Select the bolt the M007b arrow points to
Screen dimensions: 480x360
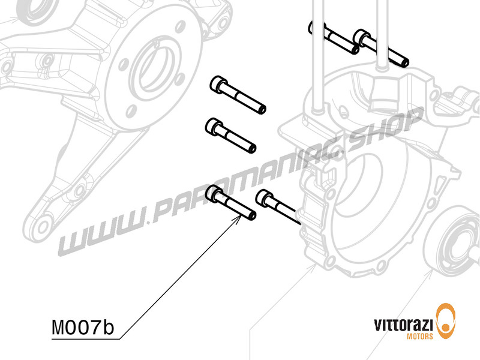(230, 203)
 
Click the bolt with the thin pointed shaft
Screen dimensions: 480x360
(277, 206)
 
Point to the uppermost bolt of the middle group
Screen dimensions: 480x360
(237, 95)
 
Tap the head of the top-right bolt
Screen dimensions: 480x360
(362, 37)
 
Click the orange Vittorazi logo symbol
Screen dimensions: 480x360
(446, 321)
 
